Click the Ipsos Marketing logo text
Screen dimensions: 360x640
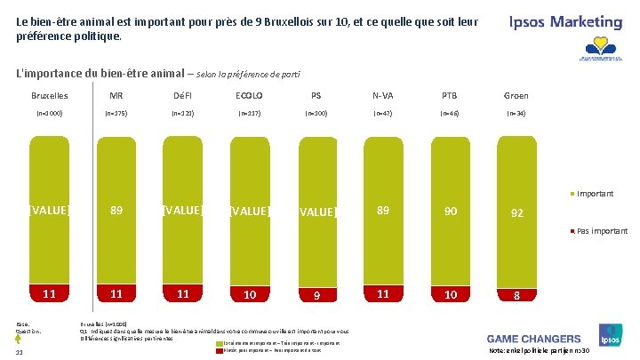(565, 21)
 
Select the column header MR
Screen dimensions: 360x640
(116, 95)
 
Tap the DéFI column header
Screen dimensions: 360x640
(182, 95)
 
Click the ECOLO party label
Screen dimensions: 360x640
(249, 95)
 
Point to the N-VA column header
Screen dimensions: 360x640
(382, 95)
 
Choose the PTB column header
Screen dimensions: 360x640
(449, 95)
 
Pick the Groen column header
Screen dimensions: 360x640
(516, 95)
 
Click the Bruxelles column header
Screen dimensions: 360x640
(49, 95)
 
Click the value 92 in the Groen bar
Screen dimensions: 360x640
(516, 213)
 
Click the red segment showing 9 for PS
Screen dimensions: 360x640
(316, 295)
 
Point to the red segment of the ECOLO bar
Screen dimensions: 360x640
(249, 294)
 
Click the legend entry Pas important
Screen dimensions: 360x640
(601, 231)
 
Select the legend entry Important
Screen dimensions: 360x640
(595, 194)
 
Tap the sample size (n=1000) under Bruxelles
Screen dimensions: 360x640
(49, 114)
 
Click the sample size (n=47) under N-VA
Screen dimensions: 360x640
(382, 114)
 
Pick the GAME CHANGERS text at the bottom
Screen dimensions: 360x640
(533, 339)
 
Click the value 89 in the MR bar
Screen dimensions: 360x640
(116, 211)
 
